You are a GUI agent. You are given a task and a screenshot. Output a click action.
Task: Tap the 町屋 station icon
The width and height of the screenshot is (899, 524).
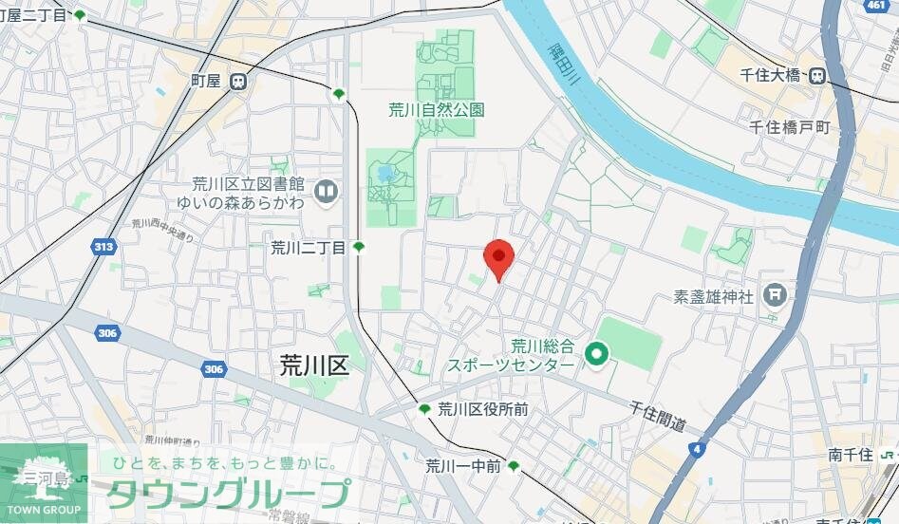pos(238,82)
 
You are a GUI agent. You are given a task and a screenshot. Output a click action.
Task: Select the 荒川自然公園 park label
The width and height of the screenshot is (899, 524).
pos(436,110)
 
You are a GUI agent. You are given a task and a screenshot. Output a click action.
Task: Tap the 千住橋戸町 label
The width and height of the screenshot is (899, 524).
pos(789,126)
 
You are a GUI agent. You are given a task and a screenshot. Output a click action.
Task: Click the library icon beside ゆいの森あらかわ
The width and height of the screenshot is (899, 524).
pos(328,193)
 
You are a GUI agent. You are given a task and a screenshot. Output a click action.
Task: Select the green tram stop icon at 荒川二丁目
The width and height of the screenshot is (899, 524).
pos(359,248)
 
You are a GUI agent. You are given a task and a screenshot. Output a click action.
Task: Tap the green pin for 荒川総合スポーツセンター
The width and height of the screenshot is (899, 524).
pos(596,357)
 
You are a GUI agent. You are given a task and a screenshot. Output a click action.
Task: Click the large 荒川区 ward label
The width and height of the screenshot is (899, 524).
pos(314,365)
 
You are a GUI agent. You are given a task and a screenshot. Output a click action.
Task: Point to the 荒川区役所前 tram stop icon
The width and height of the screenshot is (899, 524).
pos(424,409)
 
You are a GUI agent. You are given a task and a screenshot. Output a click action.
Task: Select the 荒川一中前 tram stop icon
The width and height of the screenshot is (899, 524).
pos(514,466)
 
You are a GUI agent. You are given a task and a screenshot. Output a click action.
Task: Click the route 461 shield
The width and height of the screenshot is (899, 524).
pos(876,6)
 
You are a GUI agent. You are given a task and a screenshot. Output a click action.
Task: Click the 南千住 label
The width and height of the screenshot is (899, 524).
pos(850,455)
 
